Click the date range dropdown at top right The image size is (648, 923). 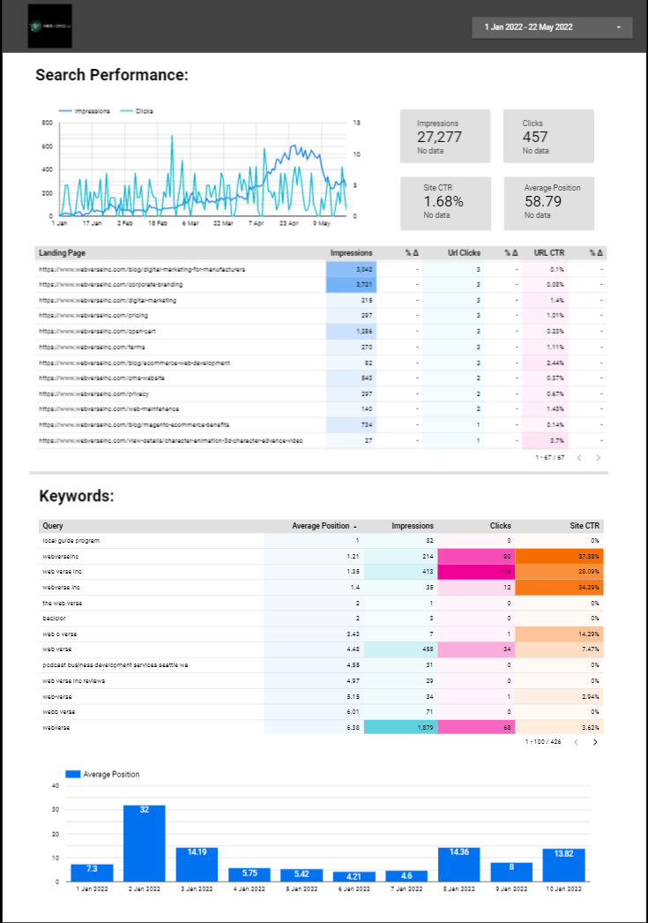(552, 27)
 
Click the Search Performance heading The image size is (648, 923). (112, 75)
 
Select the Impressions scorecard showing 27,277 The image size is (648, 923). (445, 136)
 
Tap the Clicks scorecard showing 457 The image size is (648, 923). (548, 136)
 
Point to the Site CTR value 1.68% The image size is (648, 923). (443, 201)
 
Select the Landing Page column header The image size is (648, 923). (61, 252)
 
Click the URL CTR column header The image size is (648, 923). (549, 252)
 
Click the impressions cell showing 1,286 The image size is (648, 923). (363, 331)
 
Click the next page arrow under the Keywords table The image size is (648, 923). (595, 742)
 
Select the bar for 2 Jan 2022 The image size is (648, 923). (144, 843)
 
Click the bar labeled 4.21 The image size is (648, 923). (354, 876)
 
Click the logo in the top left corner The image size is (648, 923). (49, 26)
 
